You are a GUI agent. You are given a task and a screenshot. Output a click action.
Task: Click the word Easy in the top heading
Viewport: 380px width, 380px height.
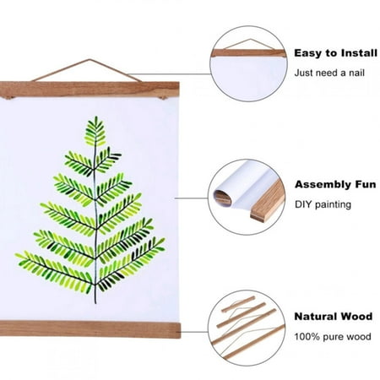307,52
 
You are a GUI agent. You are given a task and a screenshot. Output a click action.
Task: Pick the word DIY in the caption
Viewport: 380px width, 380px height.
303,204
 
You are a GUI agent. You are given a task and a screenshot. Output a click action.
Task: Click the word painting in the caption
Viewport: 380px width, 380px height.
335,204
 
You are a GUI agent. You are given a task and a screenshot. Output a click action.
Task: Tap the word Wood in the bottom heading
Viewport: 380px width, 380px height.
358,317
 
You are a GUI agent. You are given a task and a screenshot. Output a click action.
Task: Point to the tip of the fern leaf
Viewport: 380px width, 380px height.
95,120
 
